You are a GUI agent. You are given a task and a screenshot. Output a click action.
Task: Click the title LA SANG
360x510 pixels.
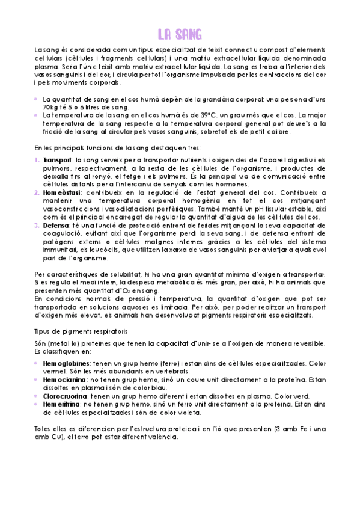(180, 32)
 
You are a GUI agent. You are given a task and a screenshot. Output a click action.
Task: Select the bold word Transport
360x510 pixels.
(56, 160)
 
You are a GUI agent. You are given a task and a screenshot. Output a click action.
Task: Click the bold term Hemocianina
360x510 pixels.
(64, 379)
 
